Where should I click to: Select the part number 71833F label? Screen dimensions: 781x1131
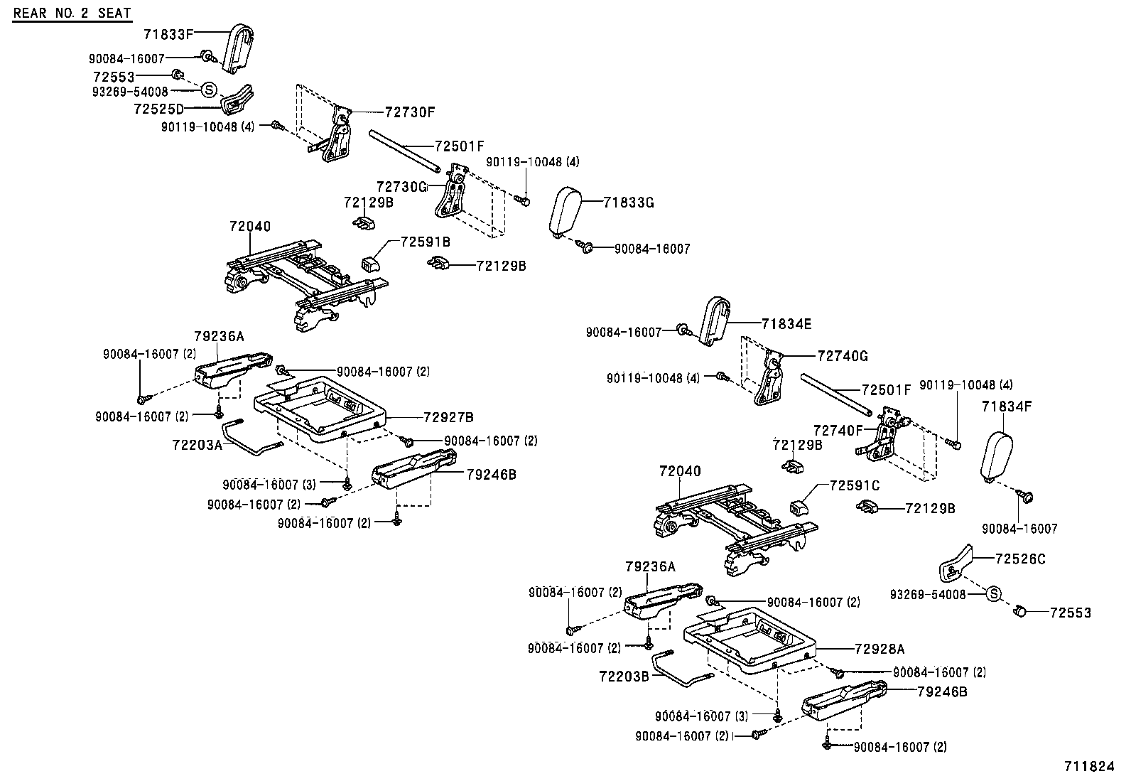pos(168,33)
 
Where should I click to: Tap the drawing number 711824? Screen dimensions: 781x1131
pos(1089,766)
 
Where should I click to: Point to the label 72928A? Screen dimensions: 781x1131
pos(880,649)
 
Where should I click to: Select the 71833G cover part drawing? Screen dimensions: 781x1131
pos(566,211)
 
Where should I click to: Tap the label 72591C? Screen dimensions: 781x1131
pos(855,485)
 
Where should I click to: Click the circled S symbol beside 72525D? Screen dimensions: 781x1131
pos(209,90)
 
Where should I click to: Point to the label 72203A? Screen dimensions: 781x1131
pos(197,444)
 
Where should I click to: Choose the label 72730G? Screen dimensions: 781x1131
pos(401,186)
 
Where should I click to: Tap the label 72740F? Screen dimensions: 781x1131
pos(838,430)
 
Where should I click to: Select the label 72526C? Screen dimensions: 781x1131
pos(1020,559)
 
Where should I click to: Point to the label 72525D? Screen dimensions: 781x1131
pos(158,109)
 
